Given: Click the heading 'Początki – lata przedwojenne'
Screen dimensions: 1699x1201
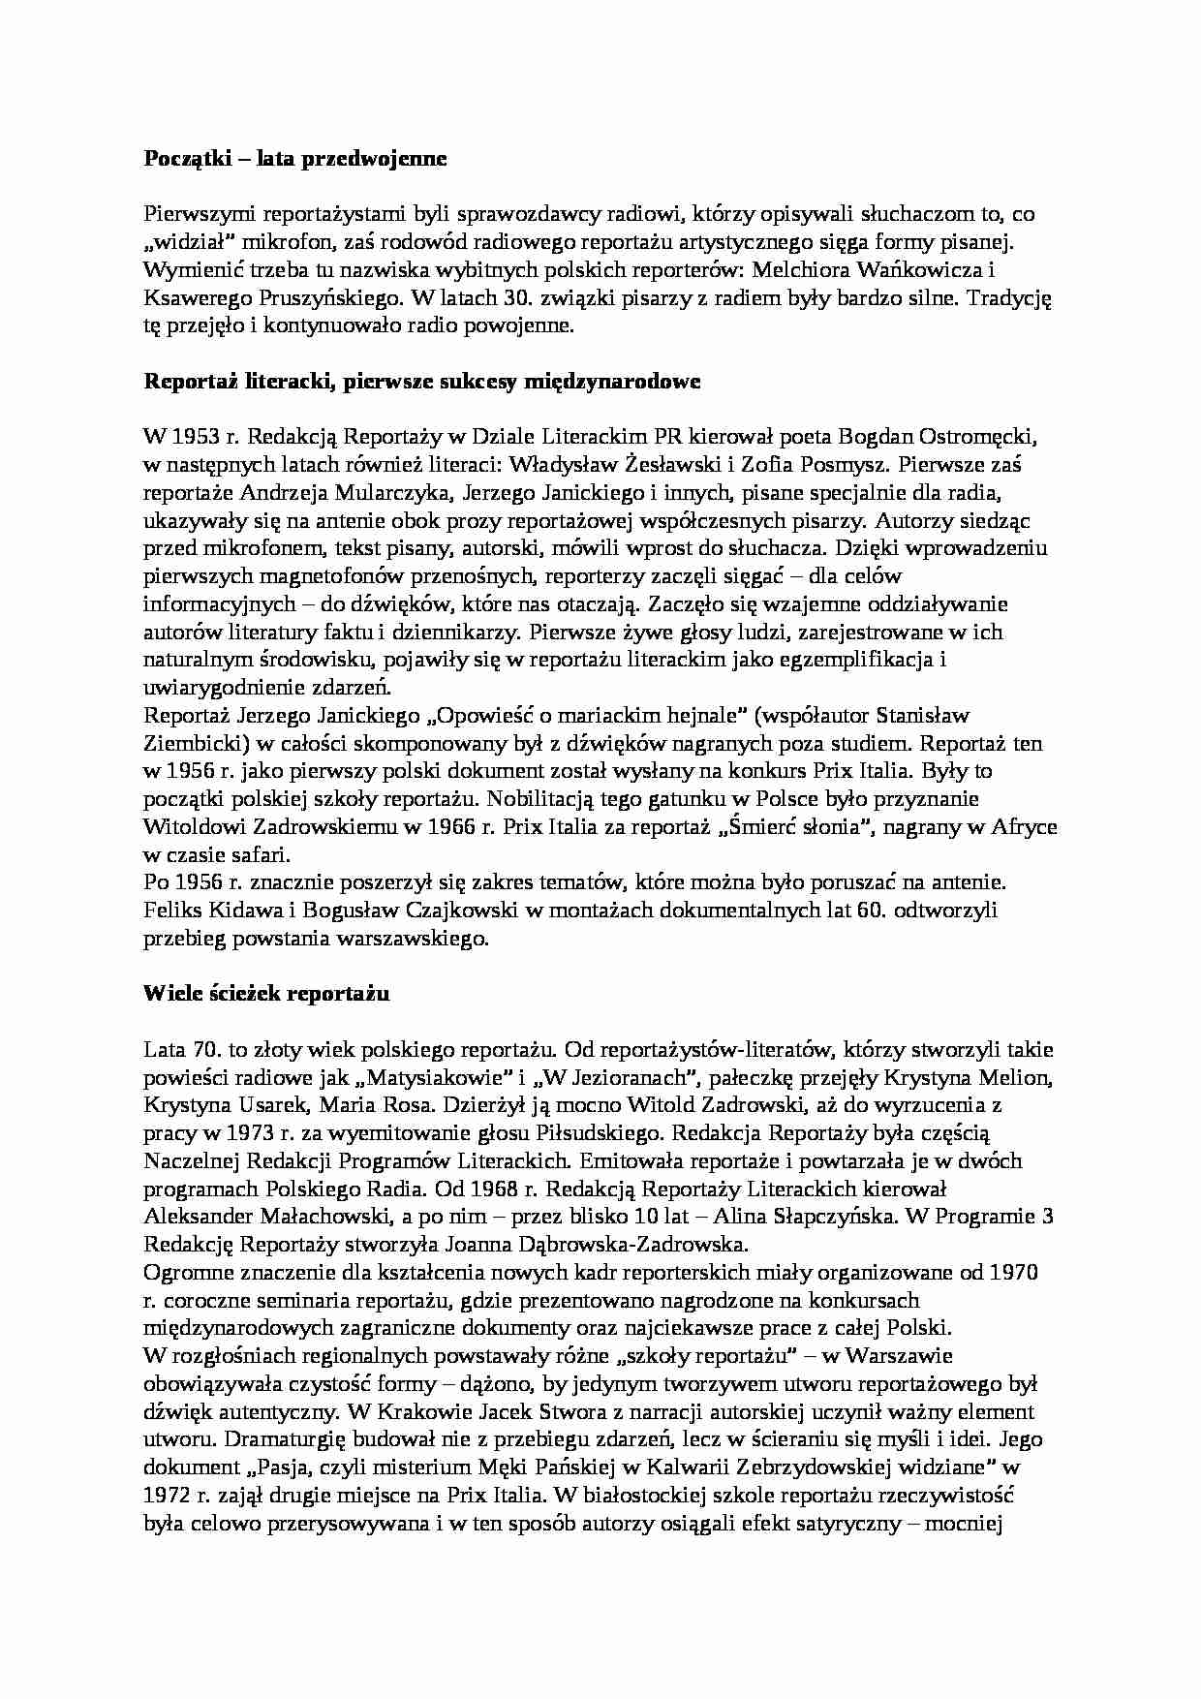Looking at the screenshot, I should pyautogui.click(x=294, y=159).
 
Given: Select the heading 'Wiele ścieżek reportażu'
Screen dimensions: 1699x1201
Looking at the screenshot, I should pyautogui.click(x=265, y=994).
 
